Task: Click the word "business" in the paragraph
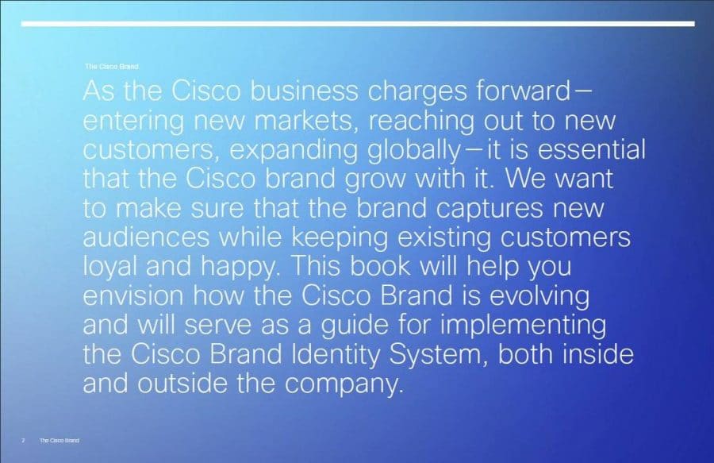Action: coord(304,91)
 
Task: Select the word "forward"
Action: coord(523,91)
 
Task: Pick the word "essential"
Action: coord(592,149)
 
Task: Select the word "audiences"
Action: coord(146,237)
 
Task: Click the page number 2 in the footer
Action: coord(23,440)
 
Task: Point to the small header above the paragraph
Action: coord(112,67)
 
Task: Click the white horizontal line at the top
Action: coord(358,24)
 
